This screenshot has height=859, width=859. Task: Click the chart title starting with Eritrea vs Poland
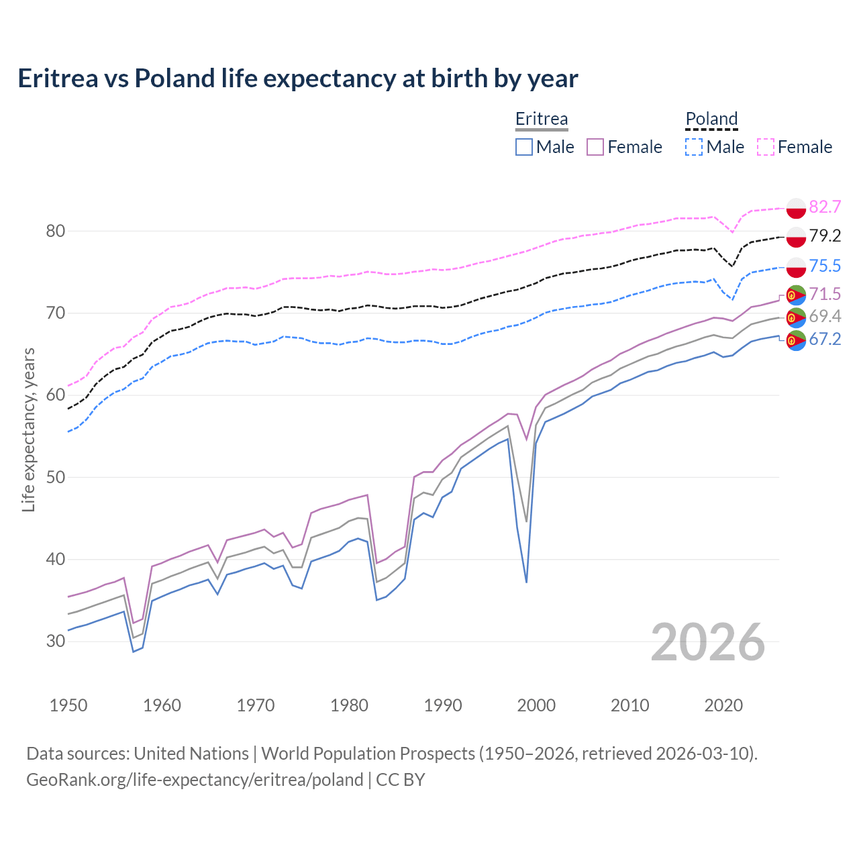tap(297, 79)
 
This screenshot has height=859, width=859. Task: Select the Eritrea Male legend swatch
tap(524, 147)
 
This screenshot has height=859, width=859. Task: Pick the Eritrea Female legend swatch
tap(595, 147)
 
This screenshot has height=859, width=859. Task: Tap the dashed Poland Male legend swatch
tap(694, 147)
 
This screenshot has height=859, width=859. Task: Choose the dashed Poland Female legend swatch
tap(766, 147)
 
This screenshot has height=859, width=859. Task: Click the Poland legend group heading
tap(711, 119)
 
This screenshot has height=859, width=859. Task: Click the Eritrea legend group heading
tap(542, 119)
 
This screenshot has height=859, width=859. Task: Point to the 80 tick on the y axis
tap(56, 231)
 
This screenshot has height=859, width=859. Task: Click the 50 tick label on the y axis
tap(56, 477)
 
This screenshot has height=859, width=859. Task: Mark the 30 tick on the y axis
tap(56, 641)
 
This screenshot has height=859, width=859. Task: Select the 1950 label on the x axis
tap(68, 705)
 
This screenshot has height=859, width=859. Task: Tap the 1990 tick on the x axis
tap(443, 705)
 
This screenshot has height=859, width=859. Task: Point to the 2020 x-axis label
tap(723, 705)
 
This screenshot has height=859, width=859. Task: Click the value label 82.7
tap(825, 207)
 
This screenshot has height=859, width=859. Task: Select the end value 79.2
tap(825, 236)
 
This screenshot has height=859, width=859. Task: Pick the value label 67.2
tap(825, 339)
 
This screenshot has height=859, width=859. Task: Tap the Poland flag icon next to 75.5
tap(796, 266)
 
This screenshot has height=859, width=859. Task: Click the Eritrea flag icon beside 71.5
tap(796, 295)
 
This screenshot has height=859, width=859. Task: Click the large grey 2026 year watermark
tap(708, 642)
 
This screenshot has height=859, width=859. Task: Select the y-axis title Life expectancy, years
tap(28, 429)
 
